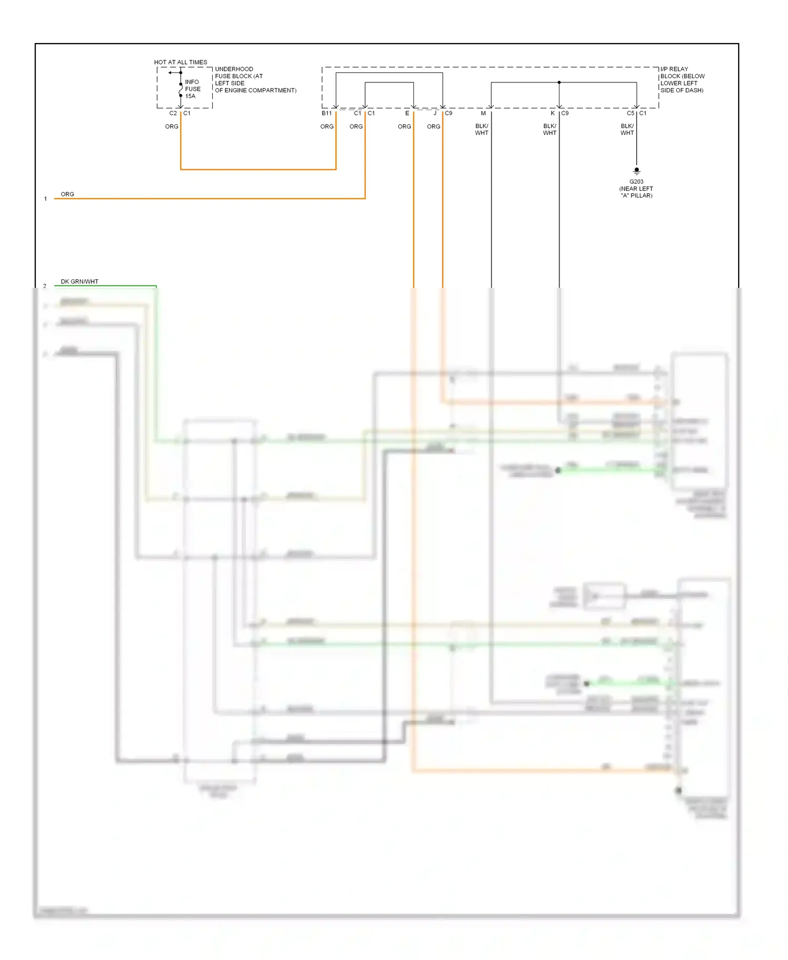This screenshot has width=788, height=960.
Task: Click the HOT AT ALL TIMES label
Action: [180, 62]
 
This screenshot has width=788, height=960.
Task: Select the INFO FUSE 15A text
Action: [192, 89]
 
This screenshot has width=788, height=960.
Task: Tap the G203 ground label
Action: [636, 182]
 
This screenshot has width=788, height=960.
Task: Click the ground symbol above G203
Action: [637, 171]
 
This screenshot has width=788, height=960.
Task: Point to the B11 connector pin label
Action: [327, 113]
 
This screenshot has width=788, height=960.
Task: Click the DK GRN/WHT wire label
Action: [79, 281]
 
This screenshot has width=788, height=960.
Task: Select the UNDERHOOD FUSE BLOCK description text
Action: [255, 79]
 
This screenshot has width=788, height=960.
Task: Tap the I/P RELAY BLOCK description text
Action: [682, 79]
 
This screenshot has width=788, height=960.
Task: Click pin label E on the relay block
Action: [407, 113]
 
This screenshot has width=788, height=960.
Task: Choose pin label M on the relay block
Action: [483, 113]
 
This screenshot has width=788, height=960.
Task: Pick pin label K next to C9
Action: [553, 113]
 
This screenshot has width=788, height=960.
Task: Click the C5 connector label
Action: [630, 113]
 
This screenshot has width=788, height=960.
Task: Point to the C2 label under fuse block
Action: [173, 113]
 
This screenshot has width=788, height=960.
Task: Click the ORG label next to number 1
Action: [67, 194]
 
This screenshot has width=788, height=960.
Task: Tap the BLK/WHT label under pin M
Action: [482, 130]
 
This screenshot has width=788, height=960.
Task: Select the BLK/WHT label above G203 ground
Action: [627, 130]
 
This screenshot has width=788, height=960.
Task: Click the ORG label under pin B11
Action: [327, 127]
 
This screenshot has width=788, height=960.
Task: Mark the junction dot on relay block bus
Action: [559, 82]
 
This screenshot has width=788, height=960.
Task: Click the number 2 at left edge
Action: [45, 286]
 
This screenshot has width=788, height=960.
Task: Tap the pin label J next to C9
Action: [435, 113]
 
